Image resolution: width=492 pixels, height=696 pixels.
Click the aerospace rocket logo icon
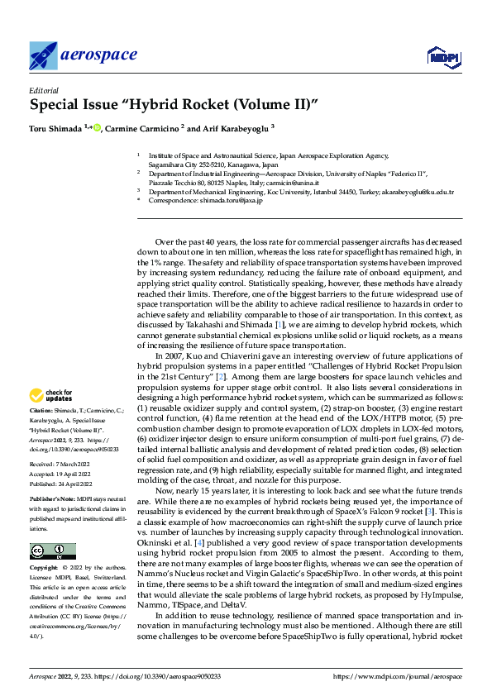pyautogui.click(x=43, y=55)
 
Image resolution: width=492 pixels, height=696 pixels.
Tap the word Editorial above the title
pyautogui.click(x=45, y=91)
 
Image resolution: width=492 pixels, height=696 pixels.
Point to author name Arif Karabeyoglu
pyautogui.click(x=236, y=128)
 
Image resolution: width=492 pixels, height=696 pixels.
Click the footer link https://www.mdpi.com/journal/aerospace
pyautogui.click(x=396, y=678)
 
